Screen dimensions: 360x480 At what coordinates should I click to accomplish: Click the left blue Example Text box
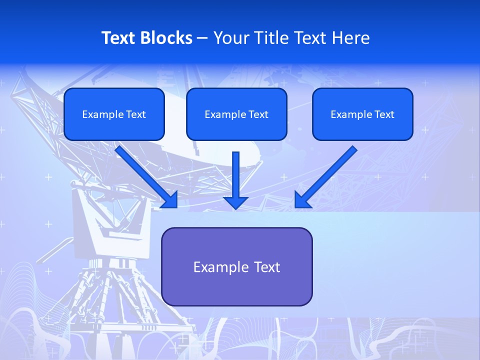pos(114,114)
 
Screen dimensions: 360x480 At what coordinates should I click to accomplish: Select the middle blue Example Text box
pos(236,114)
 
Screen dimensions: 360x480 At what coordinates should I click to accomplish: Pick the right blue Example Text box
pos(362,114)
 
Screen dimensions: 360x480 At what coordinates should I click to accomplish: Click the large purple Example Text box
pos(236,267)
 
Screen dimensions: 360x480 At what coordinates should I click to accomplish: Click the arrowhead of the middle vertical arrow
pos(236,202)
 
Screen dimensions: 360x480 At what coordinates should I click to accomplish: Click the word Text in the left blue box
pos(135,114)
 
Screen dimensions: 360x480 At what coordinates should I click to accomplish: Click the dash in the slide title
pos(202,38)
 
